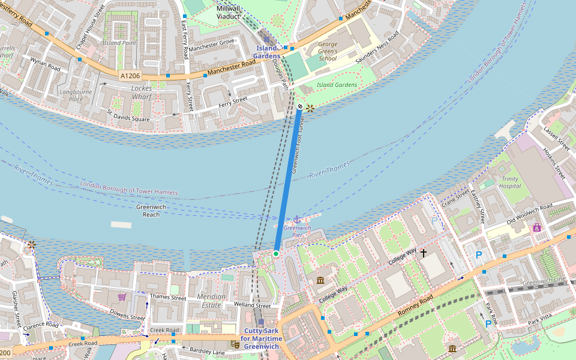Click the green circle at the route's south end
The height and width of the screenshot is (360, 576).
[x=276, y=254]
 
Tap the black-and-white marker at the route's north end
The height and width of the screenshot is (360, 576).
[x=300, y=106]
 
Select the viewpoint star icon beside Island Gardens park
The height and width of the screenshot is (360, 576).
[x=310, y=109]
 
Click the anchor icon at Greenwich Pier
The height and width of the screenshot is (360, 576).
[x=296, y=220]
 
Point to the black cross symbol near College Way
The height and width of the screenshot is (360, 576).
[x=423, y=253]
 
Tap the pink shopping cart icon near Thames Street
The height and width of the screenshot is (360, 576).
[x=122, y=296]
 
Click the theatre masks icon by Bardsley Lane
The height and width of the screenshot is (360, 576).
[x=235, y=344]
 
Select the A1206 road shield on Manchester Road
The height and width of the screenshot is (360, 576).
[x=130, y=76]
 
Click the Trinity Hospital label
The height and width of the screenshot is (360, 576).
[x=510, y=182]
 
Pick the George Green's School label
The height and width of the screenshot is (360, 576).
[x=328, y=52]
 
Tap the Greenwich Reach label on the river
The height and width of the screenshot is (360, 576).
[x=151, y=211]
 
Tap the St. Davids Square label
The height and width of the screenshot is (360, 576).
[x=128, y=115]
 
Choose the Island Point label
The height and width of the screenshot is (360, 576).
[x=119, y=43]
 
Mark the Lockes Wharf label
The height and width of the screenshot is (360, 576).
[x=142, y=92]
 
